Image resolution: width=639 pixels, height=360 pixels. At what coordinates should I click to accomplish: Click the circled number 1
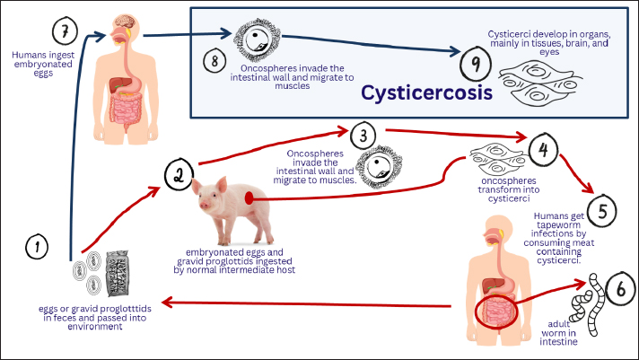37,245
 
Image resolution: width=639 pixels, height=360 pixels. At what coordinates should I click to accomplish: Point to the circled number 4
541,147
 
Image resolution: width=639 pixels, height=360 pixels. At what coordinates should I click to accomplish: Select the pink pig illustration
228,202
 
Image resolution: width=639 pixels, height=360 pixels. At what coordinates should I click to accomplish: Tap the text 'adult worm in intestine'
562,332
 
